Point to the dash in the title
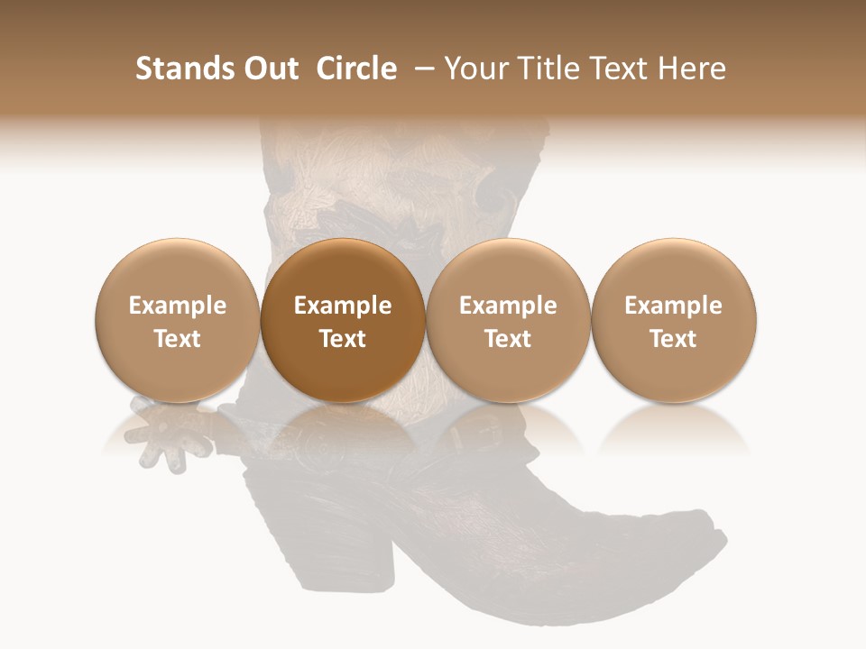[x=420, y=69]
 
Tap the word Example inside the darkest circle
[x=343, y=306]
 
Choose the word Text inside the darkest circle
[x=343, y=339]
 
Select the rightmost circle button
[x=674, y=320]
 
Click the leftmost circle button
[x=178, y=320]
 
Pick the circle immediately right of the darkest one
[x=508, y=320]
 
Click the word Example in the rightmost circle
[x=674, y=306]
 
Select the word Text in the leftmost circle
[x=178, y=339]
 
